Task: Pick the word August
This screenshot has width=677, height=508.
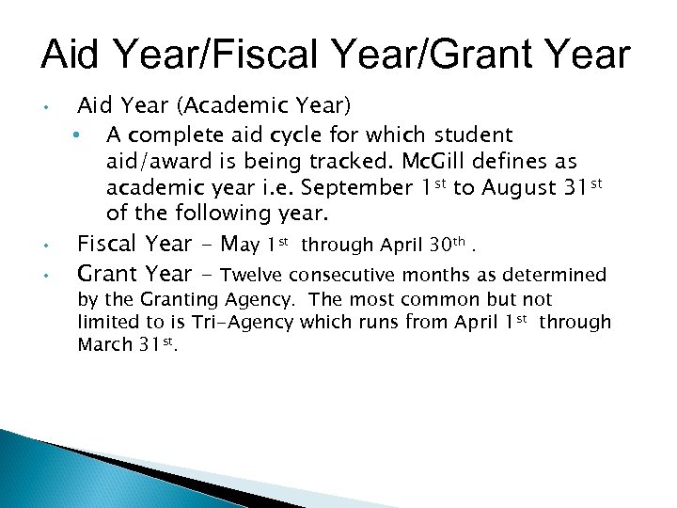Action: point(518,187)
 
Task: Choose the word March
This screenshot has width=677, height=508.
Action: point(105,345)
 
